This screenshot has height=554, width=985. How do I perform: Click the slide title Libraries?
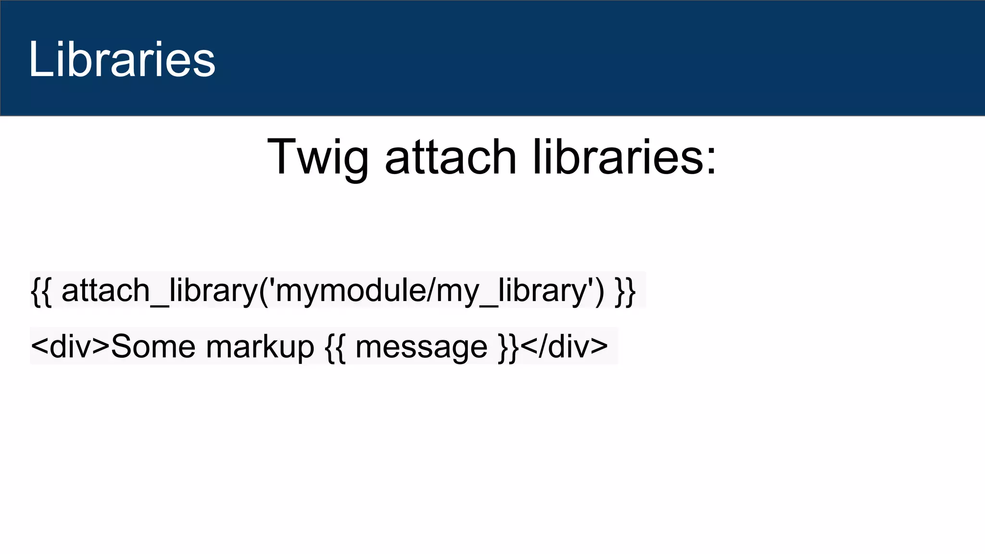coord(122,59)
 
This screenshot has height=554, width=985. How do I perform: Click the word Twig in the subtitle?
coord(317,157)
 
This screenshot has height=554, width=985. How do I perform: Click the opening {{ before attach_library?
coord(41,290)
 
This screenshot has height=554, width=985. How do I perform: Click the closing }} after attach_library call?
coord(625,290)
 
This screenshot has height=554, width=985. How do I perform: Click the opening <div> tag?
coord(70,346)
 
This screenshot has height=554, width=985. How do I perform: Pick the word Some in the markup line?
coord(153,346)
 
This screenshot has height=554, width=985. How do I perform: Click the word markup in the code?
coord(260,346)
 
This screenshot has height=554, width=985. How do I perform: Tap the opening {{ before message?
coord(335,346)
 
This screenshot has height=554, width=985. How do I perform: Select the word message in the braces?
coord(421,346)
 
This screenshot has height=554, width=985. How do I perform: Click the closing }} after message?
coord(509,346)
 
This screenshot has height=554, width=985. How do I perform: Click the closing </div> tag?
coord(564,346)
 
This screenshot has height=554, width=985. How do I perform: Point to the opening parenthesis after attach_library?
coord(264,290)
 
